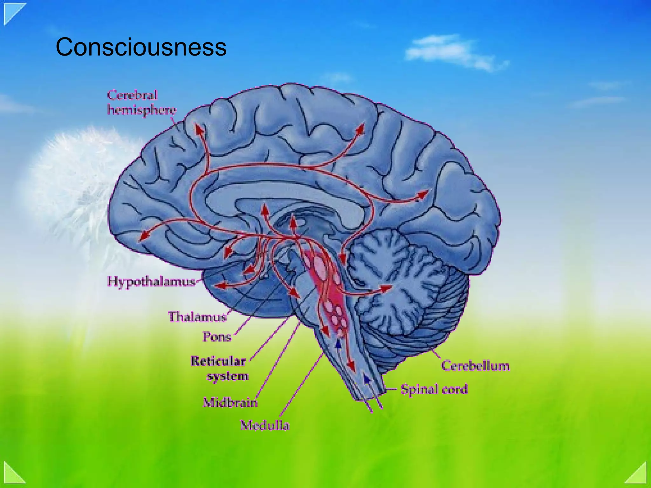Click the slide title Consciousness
point(141,47)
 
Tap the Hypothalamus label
point(151,281)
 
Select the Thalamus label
point(197,316)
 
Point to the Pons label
point(217,337)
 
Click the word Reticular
point(218,361)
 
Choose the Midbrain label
point(230,402)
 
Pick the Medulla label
point(265,425)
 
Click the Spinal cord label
point(434,389)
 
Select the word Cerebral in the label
point(132,95)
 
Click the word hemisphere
point(141,110)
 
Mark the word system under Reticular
point(228,376)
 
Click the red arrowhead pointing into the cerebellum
point(387,288)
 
